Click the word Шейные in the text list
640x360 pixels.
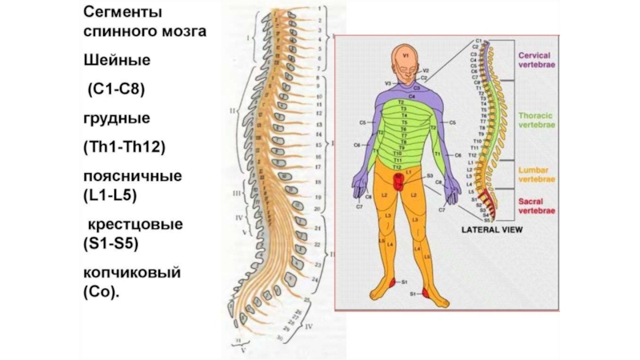point(118,61)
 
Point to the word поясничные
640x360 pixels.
point(132,175)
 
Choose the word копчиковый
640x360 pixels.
point(132,273)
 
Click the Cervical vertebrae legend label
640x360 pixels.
point(540,60)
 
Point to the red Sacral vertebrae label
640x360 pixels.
point(535,206)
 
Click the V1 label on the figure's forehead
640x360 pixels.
point(405,56)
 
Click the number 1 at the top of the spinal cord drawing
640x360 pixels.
point(322,10)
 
